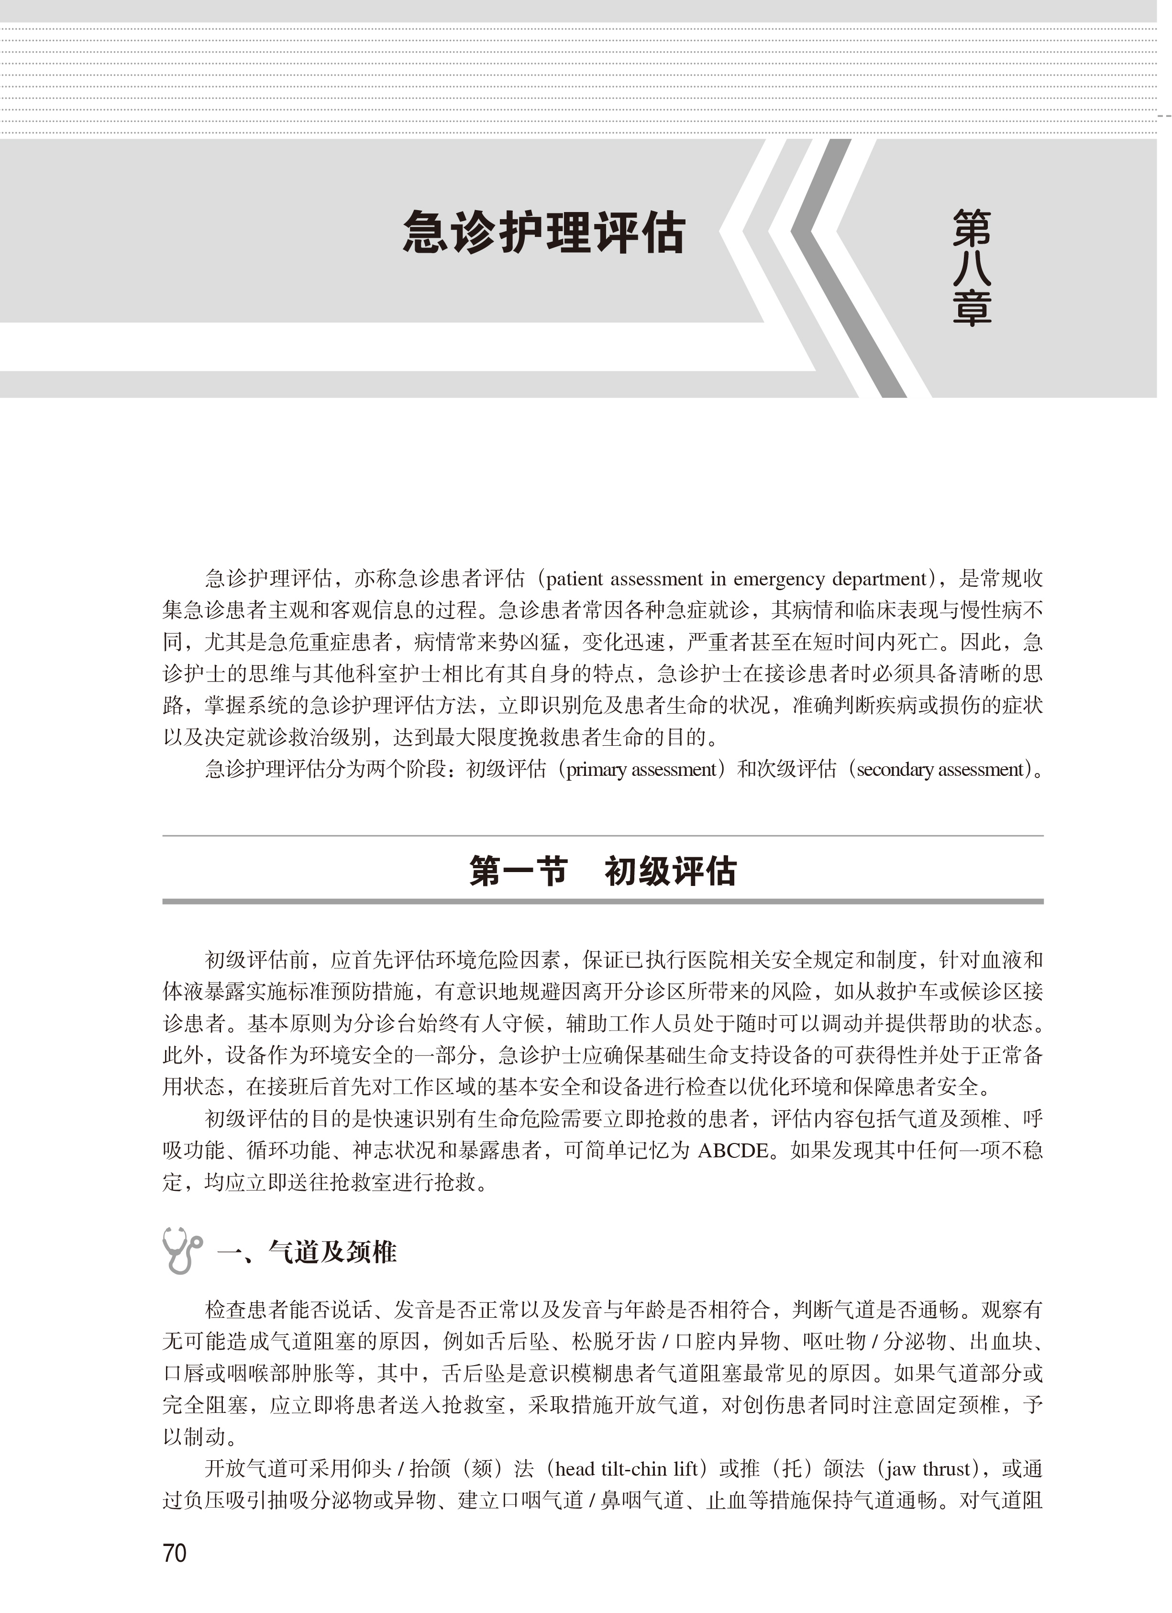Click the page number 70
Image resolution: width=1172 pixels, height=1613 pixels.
tap(174, 1553)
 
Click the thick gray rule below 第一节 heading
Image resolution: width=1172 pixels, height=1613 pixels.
tap(603, 901)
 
